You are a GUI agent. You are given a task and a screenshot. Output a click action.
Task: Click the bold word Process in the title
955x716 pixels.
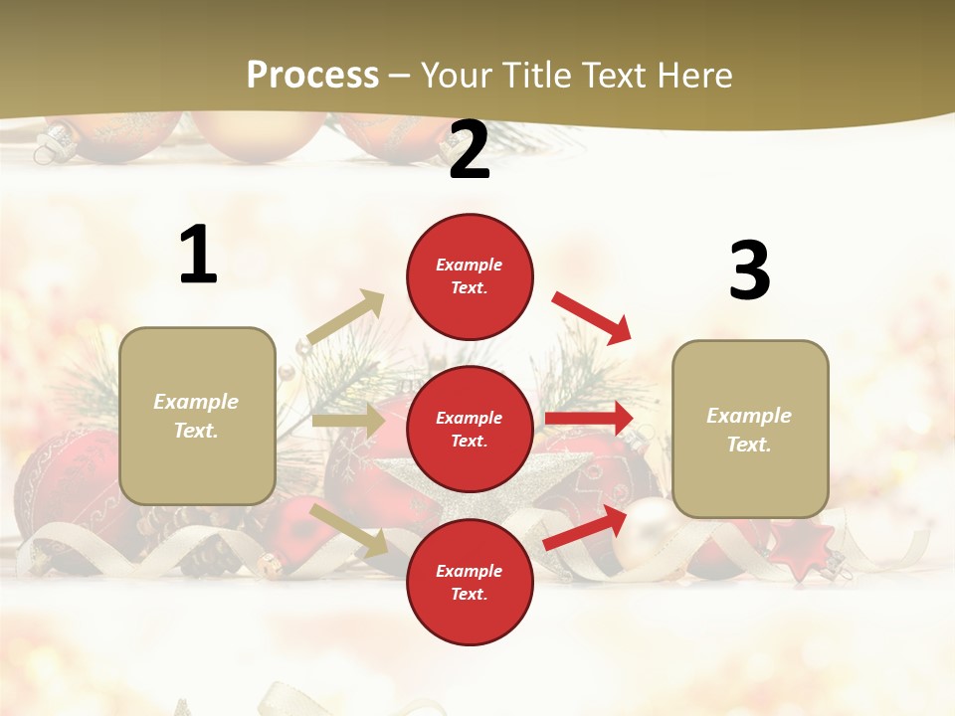[312, 75]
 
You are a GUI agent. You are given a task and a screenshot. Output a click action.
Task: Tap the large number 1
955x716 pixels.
[198, 256]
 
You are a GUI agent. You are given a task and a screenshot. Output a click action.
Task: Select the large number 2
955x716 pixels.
[470, 151]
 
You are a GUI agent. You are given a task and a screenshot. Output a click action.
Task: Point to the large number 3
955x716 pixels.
[749, 271]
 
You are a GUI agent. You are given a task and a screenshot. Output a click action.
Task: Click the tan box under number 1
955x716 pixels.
[197, 416]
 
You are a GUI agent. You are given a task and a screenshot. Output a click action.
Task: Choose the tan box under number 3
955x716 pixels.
[750, 430]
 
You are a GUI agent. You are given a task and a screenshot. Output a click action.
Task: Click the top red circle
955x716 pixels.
[470, 276]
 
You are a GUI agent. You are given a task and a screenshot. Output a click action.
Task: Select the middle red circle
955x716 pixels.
[470, 429]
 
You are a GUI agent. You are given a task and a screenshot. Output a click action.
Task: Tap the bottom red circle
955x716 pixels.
[470, 582]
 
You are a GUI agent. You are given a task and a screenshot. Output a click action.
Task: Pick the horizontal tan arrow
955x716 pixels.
[347, 421]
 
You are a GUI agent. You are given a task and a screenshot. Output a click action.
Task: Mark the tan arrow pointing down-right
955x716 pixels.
[349, 529]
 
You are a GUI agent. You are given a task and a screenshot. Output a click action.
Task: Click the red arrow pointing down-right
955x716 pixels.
[592, 317]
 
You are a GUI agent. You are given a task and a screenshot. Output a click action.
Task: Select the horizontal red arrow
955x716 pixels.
[589, 418]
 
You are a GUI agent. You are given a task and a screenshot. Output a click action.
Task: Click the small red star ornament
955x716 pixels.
[802, 550]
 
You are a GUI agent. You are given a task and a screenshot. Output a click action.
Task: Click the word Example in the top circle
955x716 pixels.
[470, 266]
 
